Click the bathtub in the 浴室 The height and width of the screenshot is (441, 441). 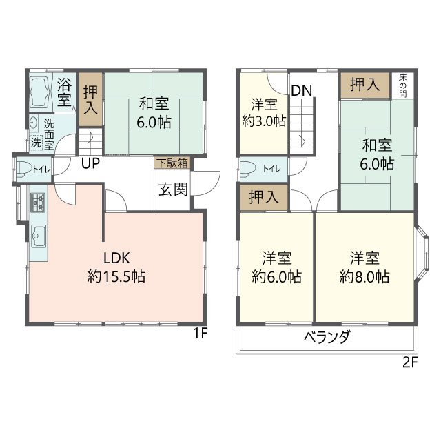40,92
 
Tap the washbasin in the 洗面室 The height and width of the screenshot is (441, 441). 34,123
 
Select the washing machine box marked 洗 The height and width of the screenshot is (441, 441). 36,143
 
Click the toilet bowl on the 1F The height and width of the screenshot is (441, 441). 23,169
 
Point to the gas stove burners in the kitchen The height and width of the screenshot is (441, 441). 38,202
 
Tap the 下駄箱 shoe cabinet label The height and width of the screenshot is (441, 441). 172,163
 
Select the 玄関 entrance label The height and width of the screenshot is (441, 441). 173,189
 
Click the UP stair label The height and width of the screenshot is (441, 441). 90,163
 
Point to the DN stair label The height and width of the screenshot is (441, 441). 302,90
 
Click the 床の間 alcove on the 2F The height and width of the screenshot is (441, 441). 402,85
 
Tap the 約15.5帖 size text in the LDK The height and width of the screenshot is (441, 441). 116,276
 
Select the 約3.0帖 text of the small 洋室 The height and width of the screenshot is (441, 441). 264,121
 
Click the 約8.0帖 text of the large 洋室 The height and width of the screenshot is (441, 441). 365,276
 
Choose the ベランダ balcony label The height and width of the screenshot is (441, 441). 327,337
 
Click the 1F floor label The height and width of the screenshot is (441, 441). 200,334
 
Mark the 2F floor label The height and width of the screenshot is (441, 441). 410,362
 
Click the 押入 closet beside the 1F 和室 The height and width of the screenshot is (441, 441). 90,99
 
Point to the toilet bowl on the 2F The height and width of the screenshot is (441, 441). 248,169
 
